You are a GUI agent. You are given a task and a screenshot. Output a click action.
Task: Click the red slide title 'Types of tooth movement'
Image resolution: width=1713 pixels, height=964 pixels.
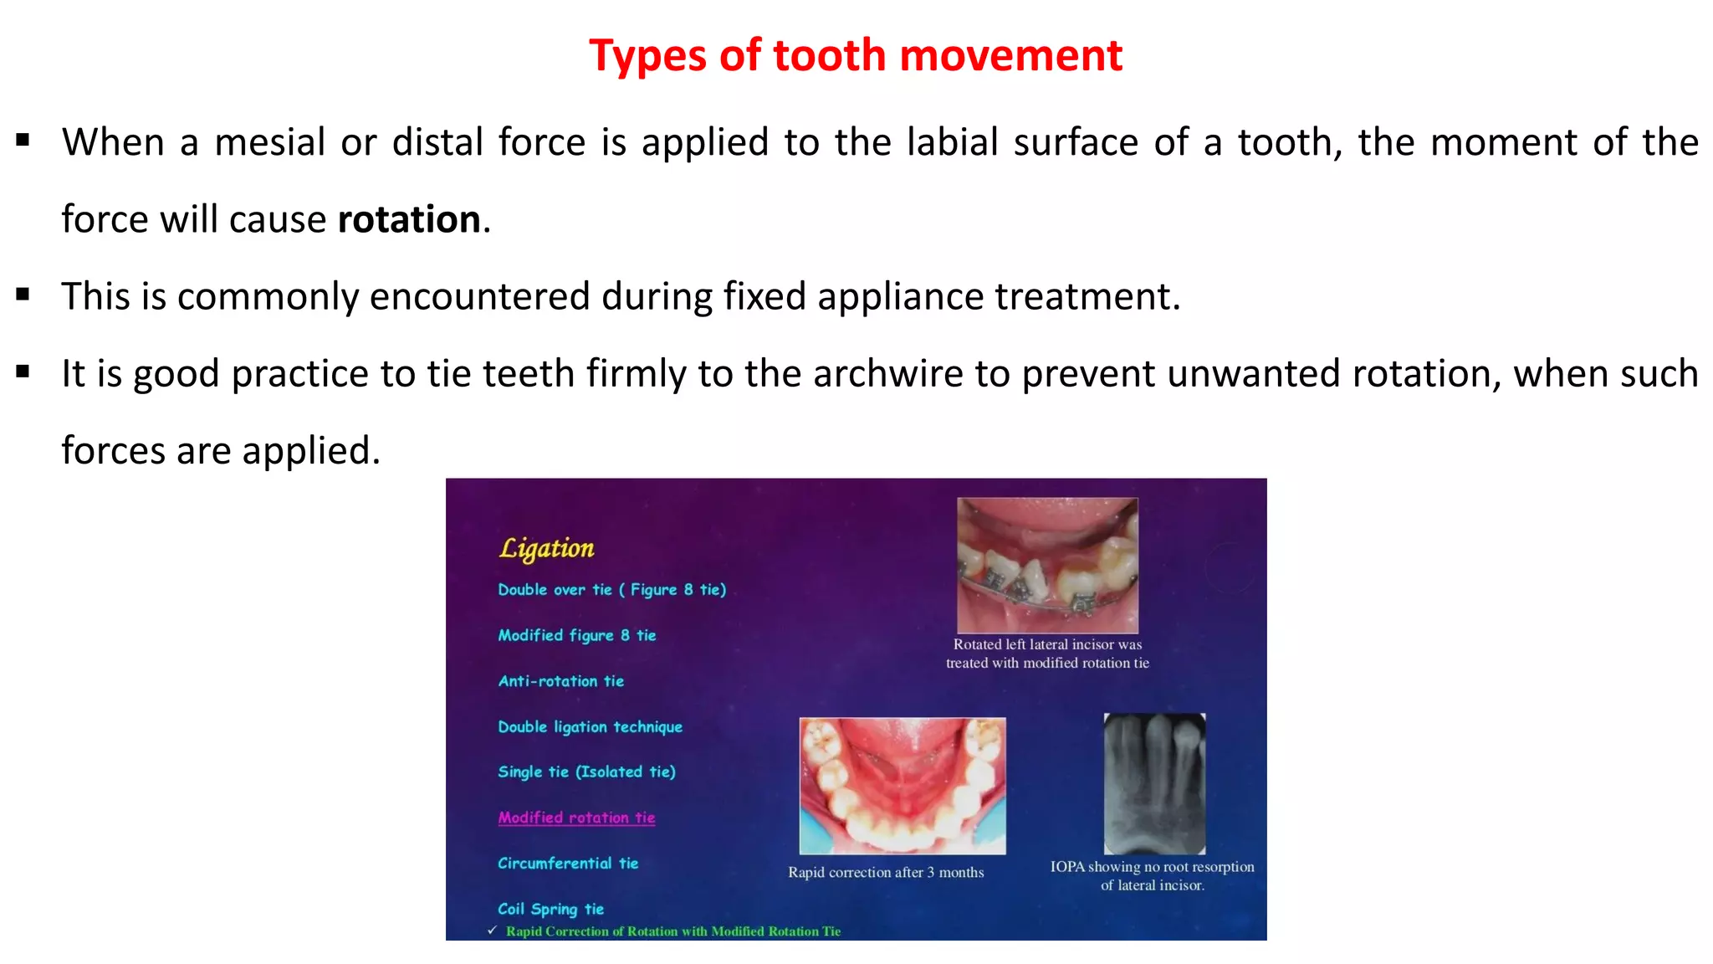(x=855, y=56)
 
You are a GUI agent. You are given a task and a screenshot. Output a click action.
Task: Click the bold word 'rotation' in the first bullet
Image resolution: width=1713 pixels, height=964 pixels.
(x=409, y=219)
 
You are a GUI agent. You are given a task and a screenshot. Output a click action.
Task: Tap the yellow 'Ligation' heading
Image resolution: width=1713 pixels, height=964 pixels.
(x=547, y=548)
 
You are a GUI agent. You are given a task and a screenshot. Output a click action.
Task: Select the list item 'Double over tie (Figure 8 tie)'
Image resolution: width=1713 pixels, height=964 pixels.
(x=611, y=590)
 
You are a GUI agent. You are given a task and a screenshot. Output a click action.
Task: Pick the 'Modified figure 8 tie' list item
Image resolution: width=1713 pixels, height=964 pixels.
(x=576, y=636)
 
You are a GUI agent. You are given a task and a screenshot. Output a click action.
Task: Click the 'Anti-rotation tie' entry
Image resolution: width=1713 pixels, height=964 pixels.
(x=560, y=681)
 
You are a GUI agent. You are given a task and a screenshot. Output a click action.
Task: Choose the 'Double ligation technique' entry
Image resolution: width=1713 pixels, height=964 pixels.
(x=590, y=727)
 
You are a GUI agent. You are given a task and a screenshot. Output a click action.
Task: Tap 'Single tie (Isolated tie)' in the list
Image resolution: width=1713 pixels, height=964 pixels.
(x=586, y=772)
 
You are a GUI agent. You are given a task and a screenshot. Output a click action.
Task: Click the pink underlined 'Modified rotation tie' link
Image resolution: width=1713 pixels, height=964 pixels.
(x=576, y=818)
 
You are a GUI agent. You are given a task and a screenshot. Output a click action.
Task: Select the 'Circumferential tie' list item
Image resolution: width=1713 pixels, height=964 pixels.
(x=568, y=864)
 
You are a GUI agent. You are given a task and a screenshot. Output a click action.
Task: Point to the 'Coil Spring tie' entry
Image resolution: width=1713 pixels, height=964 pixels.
(x=550, y=909)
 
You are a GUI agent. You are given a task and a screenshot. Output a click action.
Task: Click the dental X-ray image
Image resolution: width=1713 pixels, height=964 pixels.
(x=1154, y=783)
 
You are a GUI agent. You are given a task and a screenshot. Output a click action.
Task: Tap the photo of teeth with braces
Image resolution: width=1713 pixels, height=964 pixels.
(x=1047, y=565)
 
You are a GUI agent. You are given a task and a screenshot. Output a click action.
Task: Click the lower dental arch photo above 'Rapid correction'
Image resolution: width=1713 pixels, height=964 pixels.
(x=903, y=785)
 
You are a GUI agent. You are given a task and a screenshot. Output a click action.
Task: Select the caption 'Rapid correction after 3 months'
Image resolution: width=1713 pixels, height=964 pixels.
(x=886, y=873)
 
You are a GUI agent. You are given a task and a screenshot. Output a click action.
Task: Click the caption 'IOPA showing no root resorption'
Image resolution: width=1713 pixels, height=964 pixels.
(x=1152, y=867)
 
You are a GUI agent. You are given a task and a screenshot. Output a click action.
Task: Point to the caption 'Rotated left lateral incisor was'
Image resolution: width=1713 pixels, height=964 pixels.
(x=1047, y=644)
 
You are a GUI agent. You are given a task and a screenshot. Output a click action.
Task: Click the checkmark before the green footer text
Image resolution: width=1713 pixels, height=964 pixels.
(x=493, y=931)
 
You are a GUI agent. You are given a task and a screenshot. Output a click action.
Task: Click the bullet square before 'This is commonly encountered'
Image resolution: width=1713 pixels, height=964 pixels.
(x=23, y=295)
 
